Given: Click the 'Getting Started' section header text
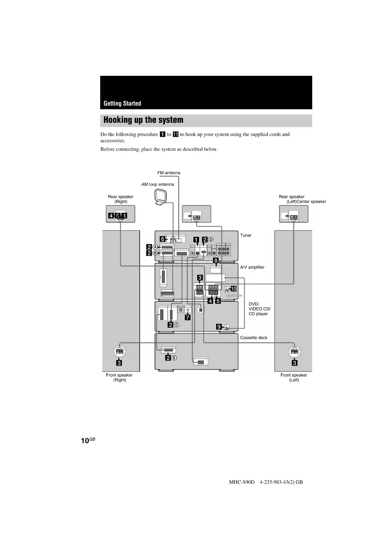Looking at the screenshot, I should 122,104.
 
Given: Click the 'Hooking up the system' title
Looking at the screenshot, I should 143,120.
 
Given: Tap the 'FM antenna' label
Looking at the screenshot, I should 169,173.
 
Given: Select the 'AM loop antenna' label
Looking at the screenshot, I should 158,184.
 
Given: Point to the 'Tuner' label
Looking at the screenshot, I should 245,235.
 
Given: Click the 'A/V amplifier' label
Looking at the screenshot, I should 252,267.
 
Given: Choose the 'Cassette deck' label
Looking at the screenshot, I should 254,338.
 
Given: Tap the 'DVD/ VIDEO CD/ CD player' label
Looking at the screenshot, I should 260,309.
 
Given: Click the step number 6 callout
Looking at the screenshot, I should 163,239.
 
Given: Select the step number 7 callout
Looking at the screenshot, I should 188,317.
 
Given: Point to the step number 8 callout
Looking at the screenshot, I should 216,260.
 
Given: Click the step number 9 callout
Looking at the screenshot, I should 219,327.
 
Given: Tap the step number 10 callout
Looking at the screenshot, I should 234,289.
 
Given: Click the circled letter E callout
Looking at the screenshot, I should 174,358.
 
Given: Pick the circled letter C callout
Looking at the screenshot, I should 177,325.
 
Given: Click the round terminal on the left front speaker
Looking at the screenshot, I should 294,351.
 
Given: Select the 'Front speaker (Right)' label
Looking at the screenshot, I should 119,377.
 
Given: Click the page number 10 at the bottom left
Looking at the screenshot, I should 85,441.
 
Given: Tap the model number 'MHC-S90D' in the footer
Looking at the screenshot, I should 242,482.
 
